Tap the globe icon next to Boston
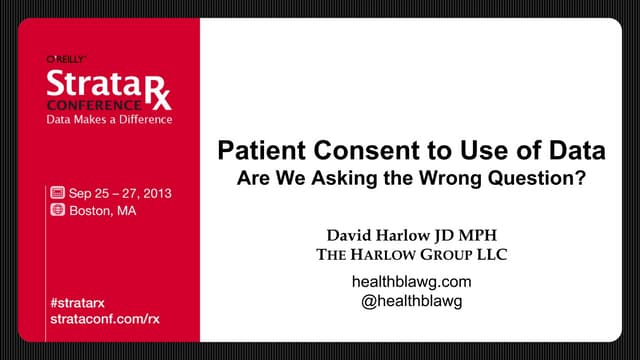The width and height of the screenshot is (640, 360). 58,211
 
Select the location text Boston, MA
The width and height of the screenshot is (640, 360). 101,211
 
